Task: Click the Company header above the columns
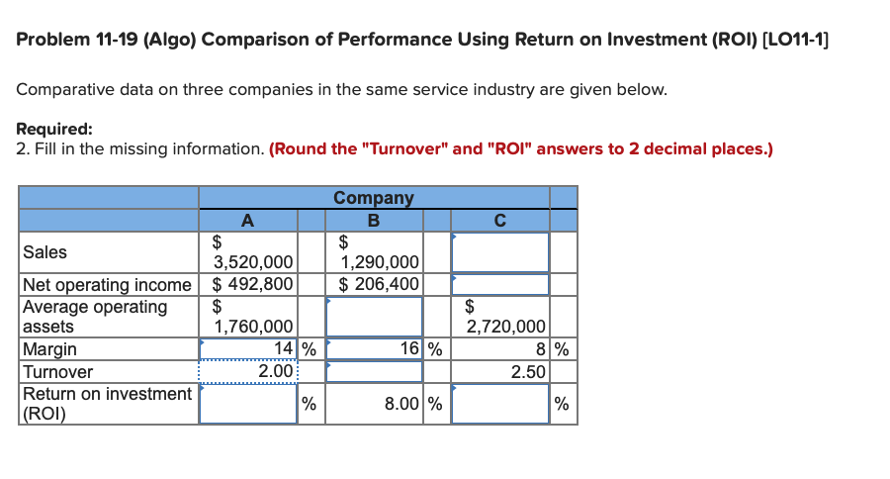[x=374, y=197]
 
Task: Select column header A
[x=247, y=220]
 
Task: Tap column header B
[x=374, y=220]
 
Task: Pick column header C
[x=500, y=220]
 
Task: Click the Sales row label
[x=44, y=252]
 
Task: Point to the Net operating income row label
[x=107, y=285]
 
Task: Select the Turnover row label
[x=57, y=372]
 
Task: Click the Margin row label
[x=49, y=349]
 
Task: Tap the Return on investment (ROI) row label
[x=107, y=404]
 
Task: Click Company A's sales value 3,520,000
[x=254, y=262]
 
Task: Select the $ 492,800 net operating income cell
[x=253, y=285]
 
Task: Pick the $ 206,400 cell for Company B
[x=380, y=285]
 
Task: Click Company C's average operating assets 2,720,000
[x=505, y=327]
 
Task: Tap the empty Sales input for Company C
[x=500, y=252]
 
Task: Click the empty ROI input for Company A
[x=247, y=404]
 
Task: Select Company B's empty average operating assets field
[x=374, y=317]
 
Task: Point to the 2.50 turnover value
[x=528, y=372]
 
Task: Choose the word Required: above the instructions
[x=55, y=129]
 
